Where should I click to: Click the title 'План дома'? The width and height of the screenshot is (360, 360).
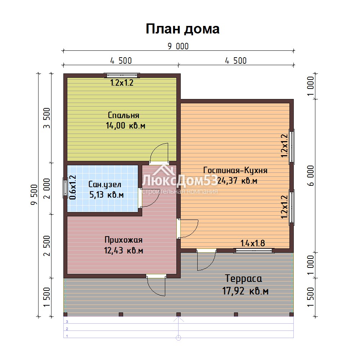pos(183,29)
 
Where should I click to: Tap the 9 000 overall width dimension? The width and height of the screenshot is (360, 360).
pos(178,46)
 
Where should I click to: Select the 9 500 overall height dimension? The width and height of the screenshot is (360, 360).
pos(34,195)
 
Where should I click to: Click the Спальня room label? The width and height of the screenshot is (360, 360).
pos(123,115)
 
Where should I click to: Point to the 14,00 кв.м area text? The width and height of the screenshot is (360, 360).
pos(125,126)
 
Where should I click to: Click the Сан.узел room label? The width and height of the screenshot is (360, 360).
pos(105,184)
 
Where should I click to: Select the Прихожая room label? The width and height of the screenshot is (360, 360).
pos(123,240)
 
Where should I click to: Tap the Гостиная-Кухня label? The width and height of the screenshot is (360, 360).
pos(235,170)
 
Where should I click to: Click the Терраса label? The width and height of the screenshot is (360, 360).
pos(243,279)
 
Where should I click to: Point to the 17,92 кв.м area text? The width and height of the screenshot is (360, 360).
pos(245,291)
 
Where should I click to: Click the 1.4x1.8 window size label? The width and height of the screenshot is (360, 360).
pos(253,243)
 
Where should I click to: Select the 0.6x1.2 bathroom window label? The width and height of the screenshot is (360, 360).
pos(73,187)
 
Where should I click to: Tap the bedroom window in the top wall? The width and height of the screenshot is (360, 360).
pos(122,75)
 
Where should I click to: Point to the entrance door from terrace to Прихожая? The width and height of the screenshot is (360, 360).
pos(156,285)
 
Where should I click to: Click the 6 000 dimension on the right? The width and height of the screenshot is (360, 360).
pos(310,176)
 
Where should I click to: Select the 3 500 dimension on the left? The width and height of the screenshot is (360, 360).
pos(47,118)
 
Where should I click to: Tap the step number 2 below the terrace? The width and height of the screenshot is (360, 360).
pos(67,329)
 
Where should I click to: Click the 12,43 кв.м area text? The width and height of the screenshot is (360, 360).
pos(123,250)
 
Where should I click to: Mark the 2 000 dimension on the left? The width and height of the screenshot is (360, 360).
pos(47,189)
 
